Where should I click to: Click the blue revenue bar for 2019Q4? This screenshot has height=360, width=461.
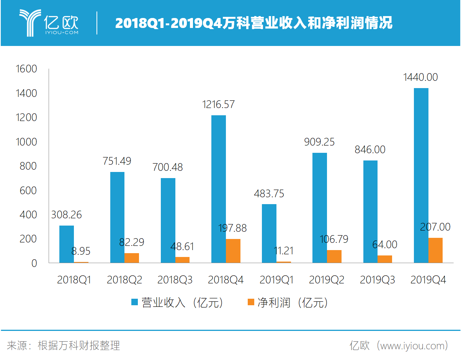tap(421, 175)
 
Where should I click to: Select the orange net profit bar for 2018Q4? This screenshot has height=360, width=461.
tap(233, 251)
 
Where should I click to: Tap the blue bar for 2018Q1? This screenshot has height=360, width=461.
tap(67, 244)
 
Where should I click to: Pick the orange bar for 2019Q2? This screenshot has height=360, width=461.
tap(334, 256)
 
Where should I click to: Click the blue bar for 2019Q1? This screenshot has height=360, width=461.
tap(269, 233)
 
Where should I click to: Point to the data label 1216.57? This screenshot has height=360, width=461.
tap(218, 105)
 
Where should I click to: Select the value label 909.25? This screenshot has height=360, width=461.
tap(319, 142)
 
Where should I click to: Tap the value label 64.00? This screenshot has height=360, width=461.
tap(385, 244)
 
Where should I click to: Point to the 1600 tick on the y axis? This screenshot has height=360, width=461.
tap(26, 69)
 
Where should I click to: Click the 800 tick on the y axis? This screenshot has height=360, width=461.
tap(29, 166)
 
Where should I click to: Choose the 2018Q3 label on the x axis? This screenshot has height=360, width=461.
tap(175, 280)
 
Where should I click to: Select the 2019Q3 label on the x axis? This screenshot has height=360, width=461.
tap(377, 280)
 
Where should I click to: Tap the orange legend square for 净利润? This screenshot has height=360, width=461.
tap(251, 303)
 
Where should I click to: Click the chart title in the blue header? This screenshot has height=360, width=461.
tap(253, 23)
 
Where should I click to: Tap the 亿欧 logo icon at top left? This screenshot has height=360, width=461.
tap(30, 23)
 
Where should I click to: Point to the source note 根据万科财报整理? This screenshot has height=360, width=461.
tap(79, 346)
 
